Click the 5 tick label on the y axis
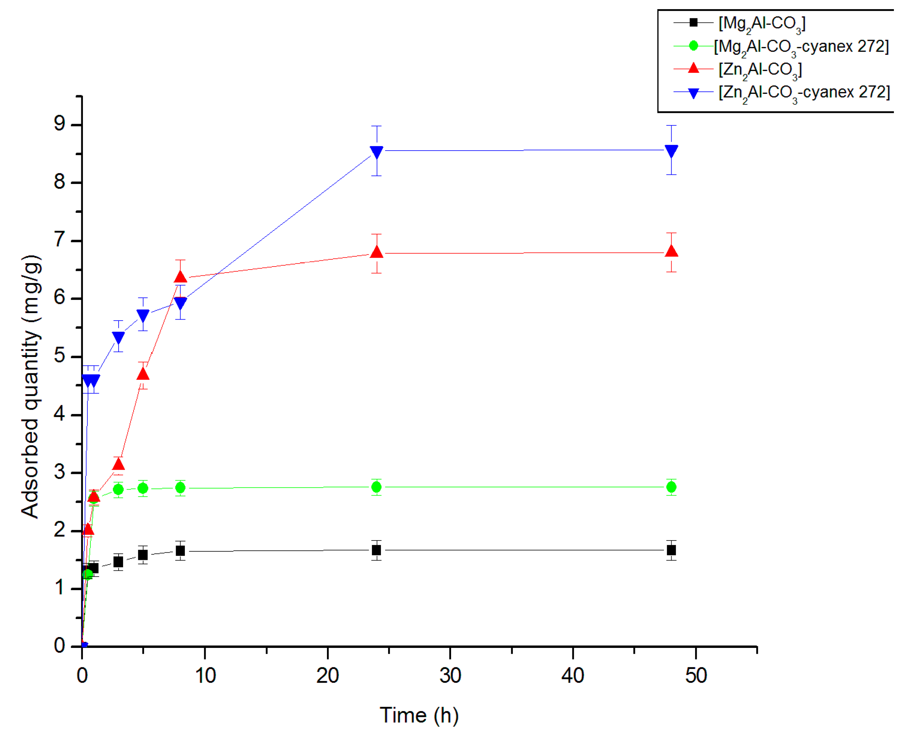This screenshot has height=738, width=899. (60, 356)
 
